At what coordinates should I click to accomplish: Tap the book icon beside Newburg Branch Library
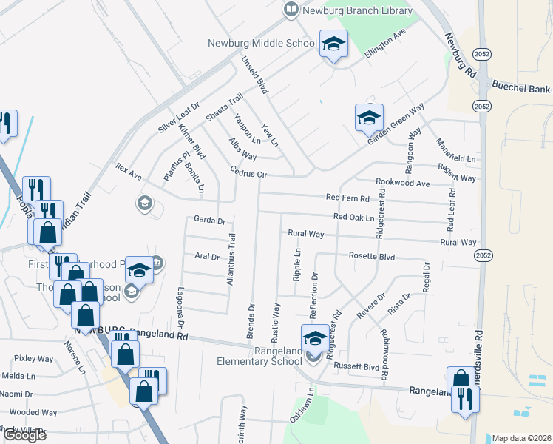click(x=291, y=9)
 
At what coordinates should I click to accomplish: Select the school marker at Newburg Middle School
click(x=333, y=44)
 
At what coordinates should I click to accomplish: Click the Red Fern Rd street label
click(x=347, y=197)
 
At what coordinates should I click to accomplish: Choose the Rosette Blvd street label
click(x=371, y=257)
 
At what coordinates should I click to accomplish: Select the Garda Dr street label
click(x=208, y=220)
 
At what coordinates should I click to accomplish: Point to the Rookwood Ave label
click(x=402, y=182)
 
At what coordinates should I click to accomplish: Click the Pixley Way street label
click(x=34, y=358)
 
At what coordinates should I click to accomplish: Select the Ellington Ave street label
click(x=385, y=44)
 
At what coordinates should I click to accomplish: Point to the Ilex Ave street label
click(x=128, y=171)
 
